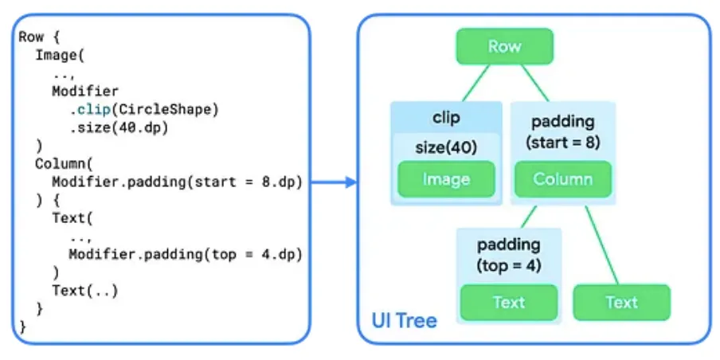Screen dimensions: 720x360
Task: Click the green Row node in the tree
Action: pos(505,46)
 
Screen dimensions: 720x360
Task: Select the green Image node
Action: pos(446,179)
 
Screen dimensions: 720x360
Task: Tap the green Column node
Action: pos(563,179)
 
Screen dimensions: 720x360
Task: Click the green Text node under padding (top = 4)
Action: pos(509,303)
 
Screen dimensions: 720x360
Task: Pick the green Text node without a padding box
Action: pos(622,303)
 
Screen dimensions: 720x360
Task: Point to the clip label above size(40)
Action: pos(446,118)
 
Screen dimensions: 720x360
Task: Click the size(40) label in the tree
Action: pos(446,148)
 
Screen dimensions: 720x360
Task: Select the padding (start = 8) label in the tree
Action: pos(563,132)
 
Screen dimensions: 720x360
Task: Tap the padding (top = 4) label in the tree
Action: pos(509,254)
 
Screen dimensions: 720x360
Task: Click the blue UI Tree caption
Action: pos(404,320)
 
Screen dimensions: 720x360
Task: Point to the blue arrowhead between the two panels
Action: pos(350,182)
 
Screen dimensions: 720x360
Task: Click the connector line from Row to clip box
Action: pos(475,83)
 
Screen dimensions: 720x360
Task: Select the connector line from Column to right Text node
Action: pos(602,245)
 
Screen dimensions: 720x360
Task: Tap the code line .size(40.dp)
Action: pos(119,128)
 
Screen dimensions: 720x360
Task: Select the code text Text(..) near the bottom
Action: pos(85,291)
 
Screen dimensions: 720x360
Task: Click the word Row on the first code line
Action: pos(31,37)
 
